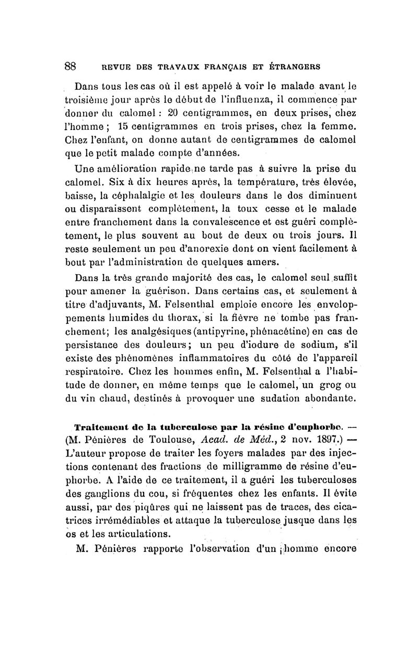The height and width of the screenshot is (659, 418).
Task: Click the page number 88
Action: (71, 66)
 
